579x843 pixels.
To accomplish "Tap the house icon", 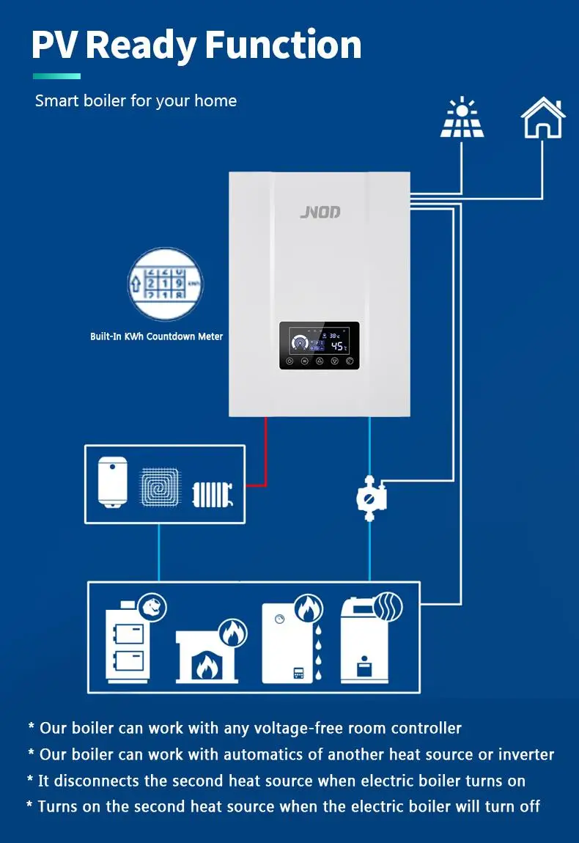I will pyautogui.click(x=543, y=119).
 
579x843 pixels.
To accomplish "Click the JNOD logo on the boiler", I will pyautogui.click(x=320, y=213).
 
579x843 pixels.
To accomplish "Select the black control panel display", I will pyautogui.click(x=320, y=345).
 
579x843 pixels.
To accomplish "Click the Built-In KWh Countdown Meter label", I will pyautogui.click(x=156, y=336).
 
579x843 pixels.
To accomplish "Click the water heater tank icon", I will pyautogui.click(x=113, y=481).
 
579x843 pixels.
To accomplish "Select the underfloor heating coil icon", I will pyautogui.click(x=159, y=485).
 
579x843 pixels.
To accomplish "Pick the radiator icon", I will pyautogui.click(x=213, y=494).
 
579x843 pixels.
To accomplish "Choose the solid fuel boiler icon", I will pyautogui.click(x=130, y=641).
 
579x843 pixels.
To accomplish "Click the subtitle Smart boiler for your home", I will pyautogui.click(x=136, y=100).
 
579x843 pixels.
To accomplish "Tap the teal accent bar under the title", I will pyautogui.click(x=56, y=76).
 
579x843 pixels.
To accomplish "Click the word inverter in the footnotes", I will pyautogui.click(x=526, y=754).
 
